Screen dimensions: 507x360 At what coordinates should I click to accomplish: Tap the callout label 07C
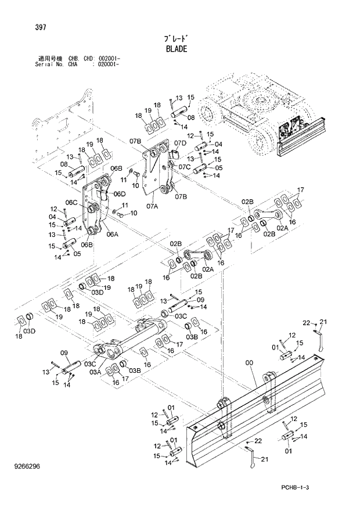(185, 167)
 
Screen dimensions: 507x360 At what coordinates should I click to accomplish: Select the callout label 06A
(112, 235)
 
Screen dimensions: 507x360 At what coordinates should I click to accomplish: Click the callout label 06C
(71, 202)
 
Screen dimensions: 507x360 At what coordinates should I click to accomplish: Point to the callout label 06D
(120, 193)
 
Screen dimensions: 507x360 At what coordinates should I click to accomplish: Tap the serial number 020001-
(107, 64)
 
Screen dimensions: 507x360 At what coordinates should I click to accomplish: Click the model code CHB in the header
(72, 59)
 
